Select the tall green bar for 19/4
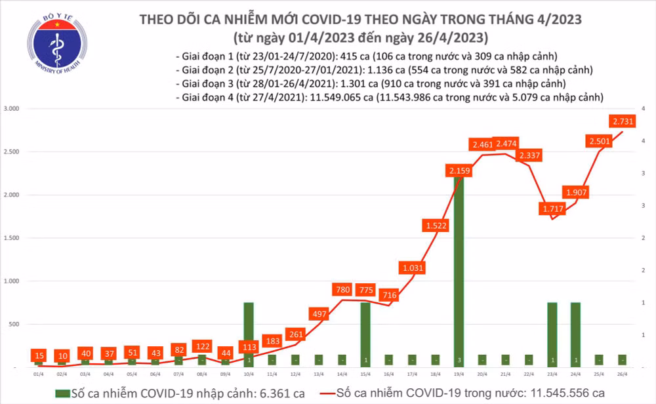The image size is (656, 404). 459,269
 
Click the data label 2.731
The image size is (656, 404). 622,121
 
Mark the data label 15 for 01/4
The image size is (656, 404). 38,355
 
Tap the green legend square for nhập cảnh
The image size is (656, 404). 62,393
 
